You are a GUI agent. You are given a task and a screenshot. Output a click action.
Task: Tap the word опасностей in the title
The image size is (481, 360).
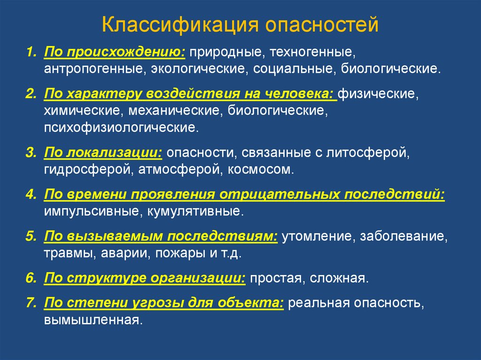(x=322, y=24)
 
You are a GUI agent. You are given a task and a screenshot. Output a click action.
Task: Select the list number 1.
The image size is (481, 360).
(x=31, y=52)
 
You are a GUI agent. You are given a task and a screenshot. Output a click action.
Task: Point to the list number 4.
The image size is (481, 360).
(x=31, y=194)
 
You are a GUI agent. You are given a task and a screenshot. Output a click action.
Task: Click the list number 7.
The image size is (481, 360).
(x=31, y=303)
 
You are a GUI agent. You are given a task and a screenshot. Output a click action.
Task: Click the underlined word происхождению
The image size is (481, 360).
(x=126, y=52)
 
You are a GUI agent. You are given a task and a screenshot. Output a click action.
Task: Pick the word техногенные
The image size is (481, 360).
(x=312, y=52)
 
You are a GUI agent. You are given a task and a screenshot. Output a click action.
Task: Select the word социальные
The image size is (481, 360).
(x=295, y=69)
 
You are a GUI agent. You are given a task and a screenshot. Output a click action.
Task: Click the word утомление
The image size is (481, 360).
(x=319, y=237)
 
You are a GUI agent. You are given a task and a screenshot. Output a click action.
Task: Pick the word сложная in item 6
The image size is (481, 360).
(x=339, y=278)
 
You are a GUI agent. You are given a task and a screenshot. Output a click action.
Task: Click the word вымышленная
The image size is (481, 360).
(x=93, y=320)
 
